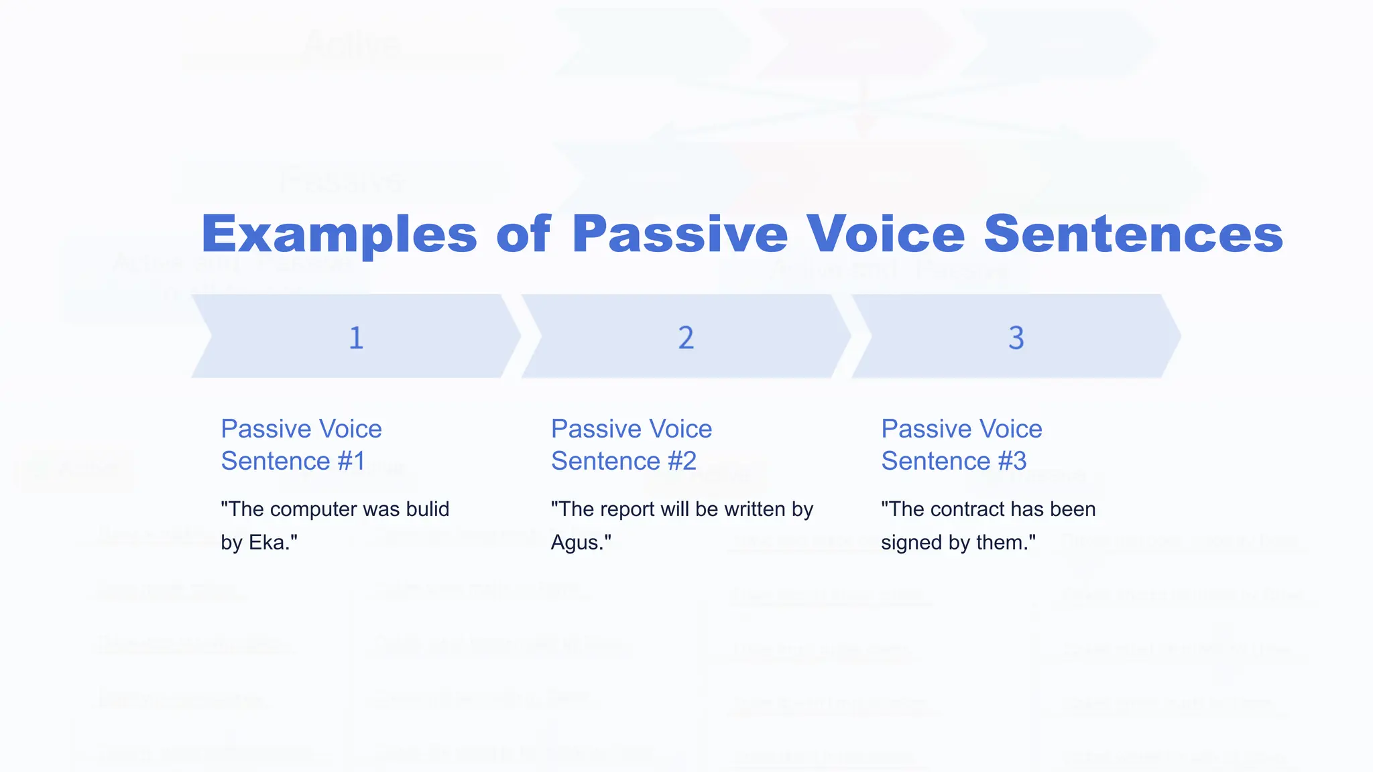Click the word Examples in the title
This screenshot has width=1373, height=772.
[x=339, y=235]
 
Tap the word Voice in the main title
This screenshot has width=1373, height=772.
[x=886, y=235]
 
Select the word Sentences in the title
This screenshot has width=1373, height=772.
[x=1133, y=235]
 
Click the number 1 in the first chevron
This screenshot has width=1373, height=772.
[x=356, y=337]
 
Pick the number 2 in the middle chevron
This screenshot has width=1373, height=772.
[x=686, y=337]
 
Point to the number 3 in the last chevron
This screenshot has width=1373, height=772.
[x=1016, y=337]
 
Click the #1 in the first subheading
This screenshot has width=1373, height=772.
[x=351, y=461]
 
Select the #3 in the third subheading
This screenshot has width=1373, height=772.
[x=1012, y=461]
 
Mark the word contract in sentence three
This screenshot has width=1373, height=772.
[x=967, y=509]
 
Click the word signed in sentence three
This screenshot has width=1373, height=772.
[x=912, y=542]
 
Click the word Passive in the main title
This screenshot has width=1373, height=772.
[x=680, y=235]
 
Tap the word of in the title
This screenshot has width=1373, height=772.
[x=523, y=235]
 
